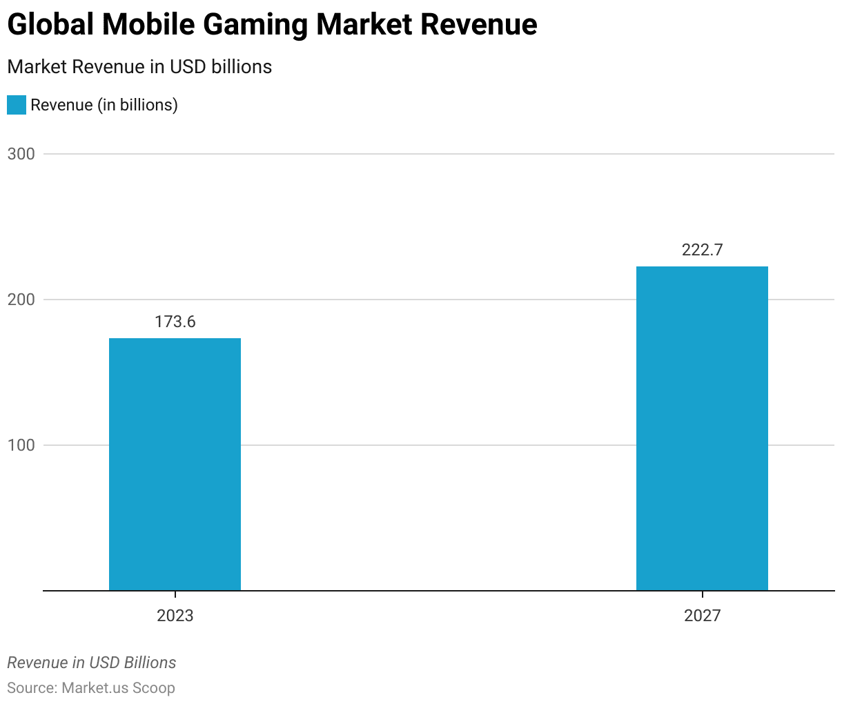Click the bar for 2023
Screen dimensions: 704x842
coord(175,464)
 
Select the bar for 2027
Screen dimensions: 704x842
coord(702,428)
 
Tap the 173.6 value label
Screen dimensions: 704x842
coord(175,322)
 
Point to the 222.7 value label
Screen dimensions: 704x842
coord(702,250)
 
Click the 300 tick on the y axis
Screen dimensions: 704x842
coord(21,154)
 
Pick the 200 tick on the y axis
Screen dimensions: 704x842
coord(21,300)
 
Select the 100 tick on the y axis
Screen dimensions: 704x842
coord(21,445)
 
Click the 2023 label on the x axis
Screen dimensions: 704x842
coord(175,616)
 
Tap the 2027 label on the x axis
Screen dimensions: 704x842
coord(702,616)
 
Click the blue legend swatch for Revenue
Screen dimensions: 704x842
coord(17,105)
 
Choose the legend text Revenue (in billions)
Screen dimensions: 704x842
coord(104,105)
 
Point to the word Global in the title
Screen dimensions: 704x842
coord(50,26)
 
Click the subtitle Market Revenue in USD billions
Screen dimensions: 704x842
coord(139,67)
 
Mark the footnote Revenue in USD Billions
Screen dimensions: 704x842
coord(91,663)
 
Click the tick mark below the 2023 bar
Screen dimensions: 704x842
coord(175,594)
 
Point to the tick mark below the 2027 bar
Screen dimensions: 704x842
coord(702,594)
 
